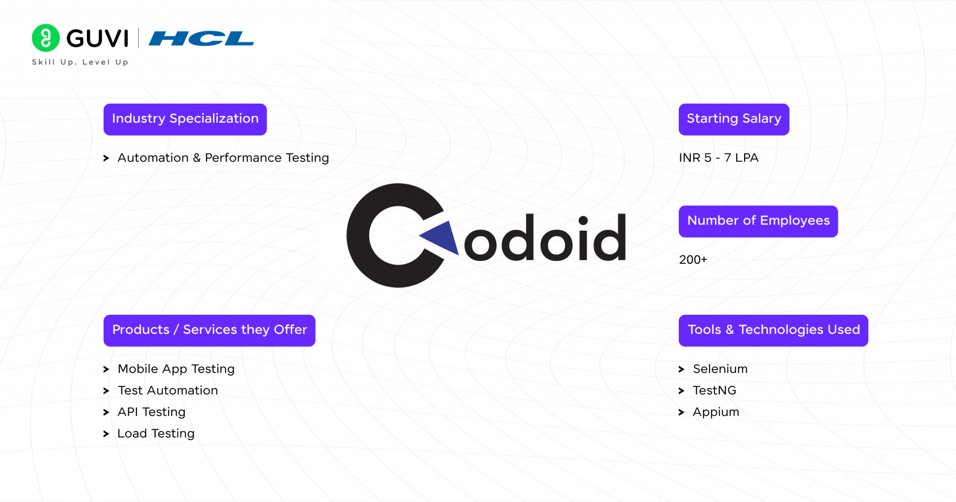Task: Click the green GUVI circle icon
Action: [46, 38]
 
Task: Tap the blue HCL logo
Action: [201, 38]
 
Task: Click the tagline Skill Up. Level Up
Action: [80, 62]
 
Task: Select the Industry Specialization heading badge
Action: [185, 120]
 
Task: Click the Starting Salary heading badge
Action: [734, 120]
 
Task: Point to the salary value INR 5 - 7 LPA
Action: [718, 158]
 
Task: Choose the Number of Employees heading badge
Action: [758, 221]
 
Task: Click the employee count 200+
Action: [693, 260]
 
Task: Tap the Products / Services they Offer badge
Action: [209, 331]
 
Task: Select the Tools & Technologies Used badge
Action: [773, 331]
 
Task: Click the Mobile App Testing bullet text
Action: [176, 369]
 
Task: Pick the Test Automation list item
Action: [168, 390]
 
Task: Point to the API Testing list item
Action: [151, 412]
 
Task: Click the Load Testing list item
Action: [155, 433]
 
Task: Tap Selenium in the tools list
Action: [720, 369]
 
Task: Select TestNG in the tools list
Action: [714, 390]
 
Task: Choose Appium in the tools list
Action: [716, 412]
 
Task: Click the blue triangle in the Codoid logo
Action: [443, 237]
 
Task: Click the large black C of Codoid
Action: [359, 236]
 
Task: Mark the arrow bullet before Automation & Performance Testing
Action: [106, 158]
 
